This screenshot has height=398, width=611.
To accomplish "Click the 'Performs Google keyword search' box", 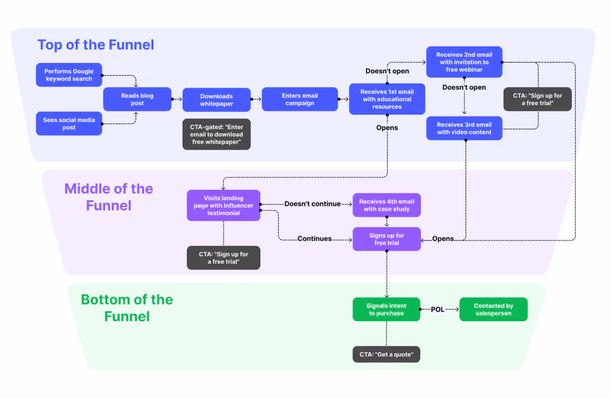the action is point(69,74).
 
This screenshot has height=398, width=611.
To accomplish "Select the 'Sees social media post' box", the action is point(69,123).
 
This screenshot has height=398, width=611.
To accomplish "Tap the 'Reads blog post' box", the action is point(137,99).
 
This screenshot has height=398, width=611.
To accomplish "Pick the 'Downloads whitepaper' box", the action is point(217,99).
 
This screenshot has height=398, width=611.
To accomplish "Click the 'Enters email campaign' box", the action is point(299,99).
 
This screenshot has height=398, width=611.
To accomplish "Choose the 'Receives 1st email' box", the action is point(387,99).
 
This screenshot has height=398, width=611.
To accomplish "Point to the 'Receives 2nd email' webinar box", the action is point(464,62).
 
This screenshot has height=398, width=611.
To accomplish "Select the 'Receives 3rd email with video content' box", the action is point(464,128).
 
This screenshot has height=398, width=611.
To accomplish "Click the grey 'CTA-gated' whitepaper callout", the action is point(217,134).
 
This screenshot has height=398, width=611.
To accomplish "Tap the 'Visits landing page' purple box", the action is point(224,205).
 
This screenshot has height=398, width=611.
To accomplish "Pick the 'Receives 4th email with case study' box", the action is point(387,205).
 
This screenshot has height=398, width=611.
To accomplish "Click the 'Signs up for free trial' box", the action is point(387,239).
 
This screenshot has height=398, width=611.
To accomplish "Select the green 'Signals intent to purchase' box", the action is point(387,309).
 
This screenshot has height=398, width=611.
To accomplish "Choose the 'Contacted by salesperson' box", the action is point(493,309).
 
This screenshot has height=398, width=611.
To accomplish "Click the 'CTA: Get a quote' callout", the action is point(387,355).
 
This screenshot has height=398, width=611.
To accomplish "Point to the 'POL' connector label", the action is point(437,309).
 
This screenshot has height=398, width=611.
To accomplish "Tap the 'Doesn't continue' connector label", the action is point(312,204).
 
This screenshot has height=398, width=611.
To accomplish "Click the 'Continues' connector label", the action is point(315,238).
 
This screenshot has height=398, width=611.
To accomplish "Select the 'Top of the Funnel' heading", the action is point(96,45).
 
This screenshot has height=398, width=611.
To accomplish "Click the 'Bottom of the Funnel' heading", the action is point(127,308).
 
